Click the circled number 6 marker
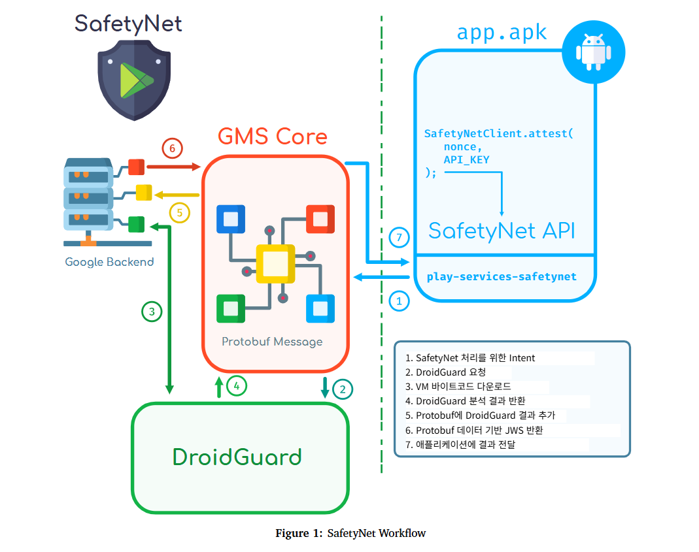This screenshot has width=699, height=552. click(x=172, y=149)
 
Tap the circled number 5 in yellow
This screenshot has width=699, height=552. click(x=179, y=212)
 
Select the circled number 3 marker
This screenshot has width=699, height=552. click(x=152, y=312)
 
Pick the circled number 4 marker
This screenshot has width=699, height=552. click(x=237, y=386)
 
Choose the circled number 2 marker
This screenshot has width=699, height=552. click(x=342, y=390)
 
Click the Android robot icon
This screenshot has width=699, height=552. click(x=594, y=52)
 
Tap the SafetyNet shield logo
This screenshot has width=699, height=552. click(x=134, y=78)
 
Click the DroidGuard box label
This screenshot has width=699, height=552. click(x=237, y=457)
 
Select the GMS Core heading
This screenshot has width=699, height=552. click(x=272, y=137)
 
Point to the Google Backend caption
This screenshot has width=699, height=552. click(x=109, y=262)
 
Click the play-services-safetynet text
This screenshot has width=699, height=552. click(x=502, y=276)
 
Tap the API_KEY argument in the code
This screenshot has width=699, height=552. click(x=466, y=159)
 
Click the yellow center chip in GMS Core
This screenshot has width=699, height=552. click(x=275, y=263)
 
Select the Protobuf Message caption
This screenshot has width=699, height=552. click(x=272, y=342)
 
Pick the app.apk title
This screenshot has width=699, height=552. click(x=502, y=33)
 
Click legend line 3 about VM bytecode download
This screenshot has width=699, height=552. click(x=458, y=387)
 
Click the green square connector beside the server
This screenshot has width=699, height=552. click(x=136, y=224)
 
